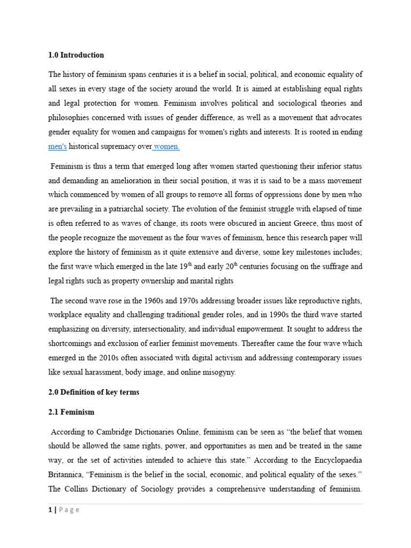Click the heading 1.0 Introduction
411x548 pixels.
76,55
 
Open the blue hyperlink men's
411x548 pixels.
58,146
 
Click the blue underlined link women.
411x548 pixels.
167,146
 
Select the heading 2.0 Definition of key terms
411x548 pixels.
94,392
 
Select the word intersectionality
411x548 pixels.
170,330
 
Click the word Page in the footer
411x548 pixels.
68,510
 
